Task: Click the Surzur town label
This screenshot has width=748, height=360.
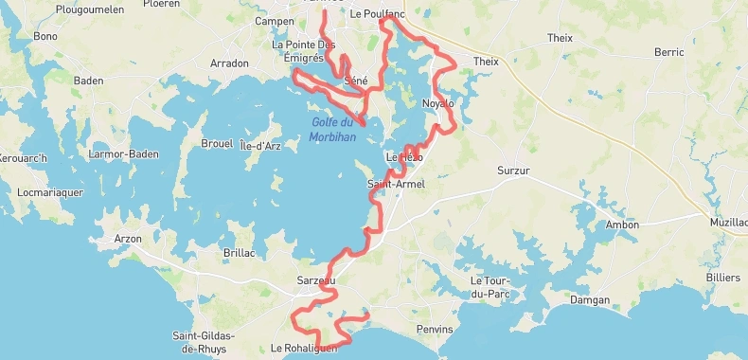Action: (516, 171)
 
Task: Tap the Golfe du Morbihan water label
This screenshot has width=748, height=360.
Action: (332, 129)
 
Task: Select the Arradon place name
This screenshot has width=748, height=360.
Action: (228, 63)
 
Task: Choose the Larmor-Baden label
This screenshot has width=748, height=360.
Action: (123, 153)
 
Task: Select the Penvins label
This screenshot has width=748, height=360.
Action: (435, 329)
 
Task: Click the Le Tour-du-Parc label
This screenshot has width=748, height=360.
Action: (490, 287)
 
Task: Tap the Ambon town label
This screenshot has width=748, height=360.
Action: (621, 225)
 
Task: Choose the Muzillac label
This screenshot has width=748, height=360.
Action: (727, 222)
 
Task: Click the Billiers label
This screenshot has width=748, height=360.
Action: (723, 278)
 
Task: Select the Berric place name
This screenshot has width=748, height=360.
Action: (668, 52)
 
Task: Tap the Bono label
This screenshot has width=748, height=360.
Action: (45, 36)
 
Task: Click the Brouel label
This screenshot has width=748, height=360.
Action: (217, 143)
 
